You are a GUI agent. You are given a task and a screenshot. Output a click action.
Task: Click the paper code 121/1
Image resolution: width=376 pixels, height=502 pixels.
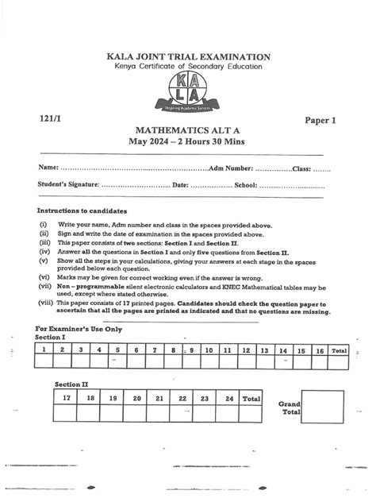click(49, 117)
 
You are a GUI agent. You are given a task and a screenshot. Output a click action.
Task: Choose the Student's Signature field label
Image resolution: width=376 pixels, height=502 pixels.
click(68, 185)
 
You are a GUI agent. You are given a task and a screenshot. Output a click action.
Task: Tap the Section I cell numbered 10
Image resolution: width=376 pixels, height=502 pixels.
click(208, 349)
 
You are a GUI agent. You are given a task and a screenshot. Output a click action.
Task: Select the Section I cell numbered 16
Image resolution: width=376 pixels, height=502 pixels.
click(320, 349)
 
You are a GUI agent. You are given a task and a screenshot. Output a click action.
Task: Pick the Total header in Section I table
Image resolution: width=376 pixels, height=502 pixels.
click(340, 349)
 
